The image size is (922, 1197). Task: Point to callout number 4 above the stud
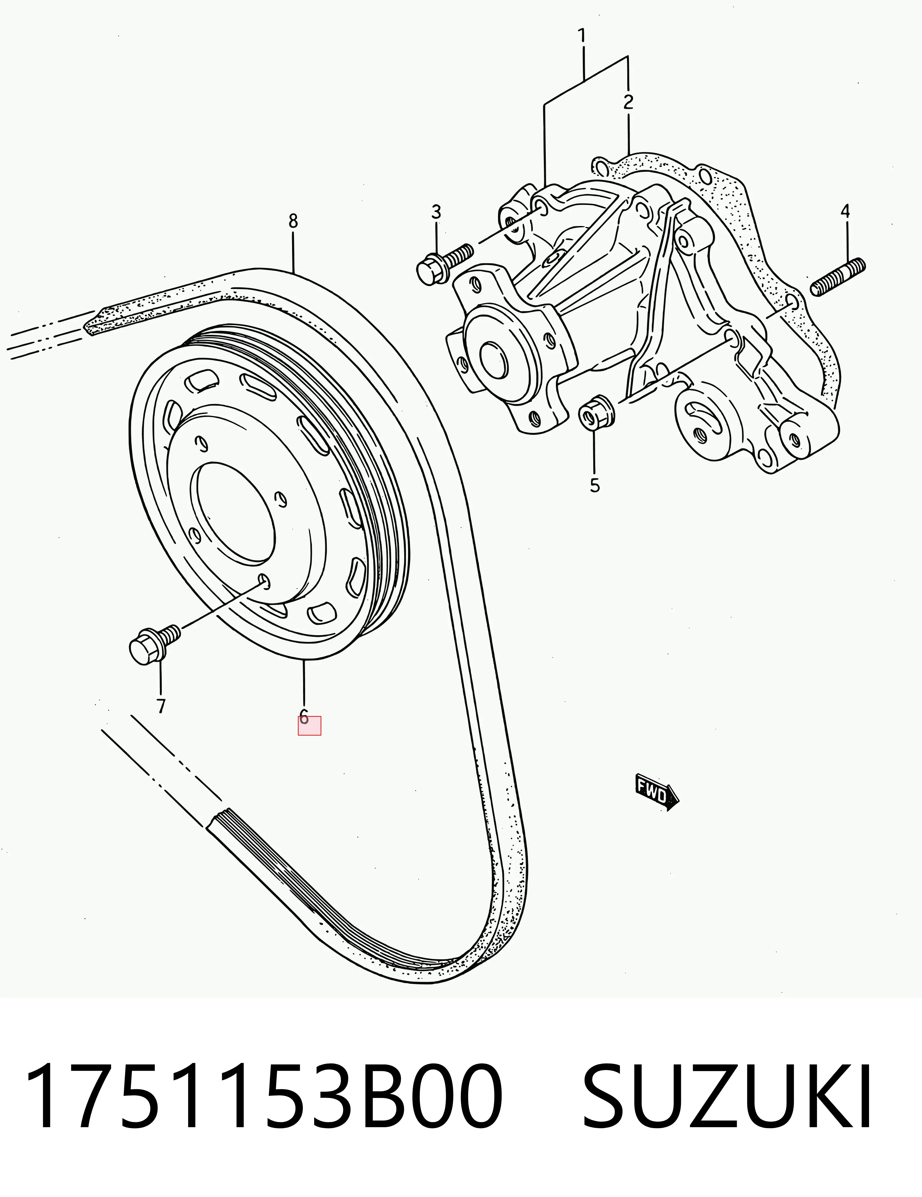tap(845, 211)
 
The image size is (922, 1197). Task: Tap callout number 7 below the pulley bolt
tap(160, 706)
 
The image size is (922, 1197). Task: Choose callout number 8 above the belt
tap(293, 221)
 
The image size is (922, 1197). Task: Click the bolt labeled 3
tap(444, 264)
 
